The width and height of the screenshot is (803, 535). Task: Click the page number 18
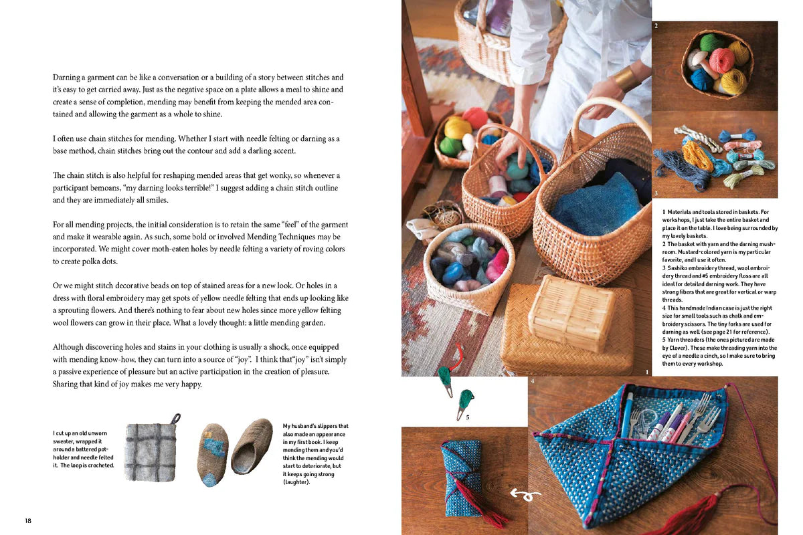pos(28,520)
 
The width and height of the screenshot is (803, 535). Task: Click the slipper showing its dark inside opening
pos(252,445)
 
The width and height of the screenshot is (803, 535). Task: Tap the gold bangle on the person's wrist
pos(626,78)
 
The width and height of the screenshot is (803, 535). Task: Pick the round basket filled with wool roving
pos(468,262)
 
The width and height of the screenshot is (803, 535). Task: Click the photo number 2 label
pos(656,26)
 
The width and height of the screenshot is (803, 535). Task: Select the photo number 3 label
pos(657,193)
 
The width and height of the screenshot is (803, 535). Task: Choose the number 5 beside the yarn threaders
pos(468,418)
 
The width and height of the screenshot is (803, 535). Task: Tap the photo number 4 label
pos(533,381)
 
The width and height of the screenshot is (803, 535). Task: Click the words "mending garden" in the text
pos(296,323)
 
